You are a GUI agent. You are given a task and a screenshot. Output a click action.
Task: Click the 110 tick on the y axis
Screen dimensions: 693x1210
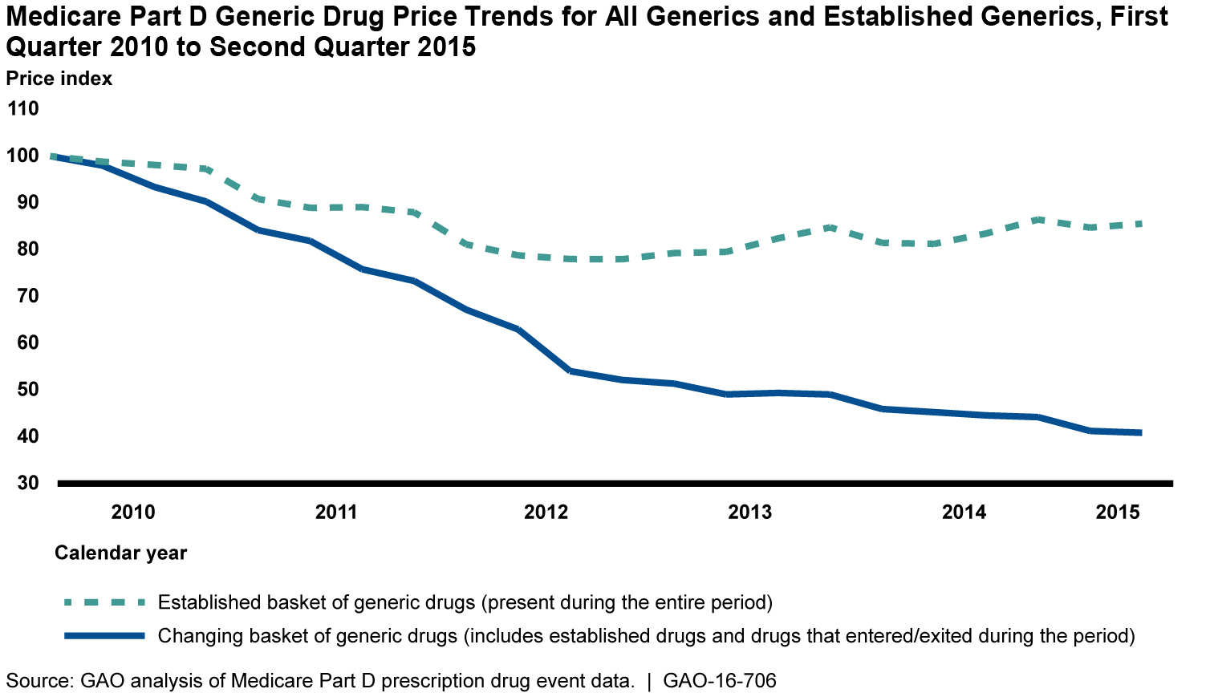pos(23,108)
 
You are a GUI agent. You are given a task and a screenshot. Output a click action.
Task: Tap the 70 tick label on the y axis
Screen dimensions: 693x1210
pos(23,296)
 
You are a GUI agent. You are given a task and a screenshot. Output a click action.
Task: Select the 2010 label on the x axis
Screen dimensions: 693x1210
pos(133,513)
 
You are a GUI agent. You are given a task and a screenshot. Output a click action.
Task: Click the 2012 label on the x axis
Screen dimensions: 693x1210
pos(546,513)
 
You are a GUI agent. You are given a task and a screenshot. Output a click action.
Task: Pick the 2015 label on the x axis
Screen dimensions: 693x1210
pos(1118,513)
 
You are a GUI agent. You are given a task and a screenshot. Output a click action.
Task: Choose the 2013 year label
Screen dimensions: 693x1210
pos(750,513)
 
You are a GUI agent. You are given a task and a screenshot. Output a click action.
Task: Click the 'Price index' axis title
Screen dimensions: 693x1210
pos(59,79)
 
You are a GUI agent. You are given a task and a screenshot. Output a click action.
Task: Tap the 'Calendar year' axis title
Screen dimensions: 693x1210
pos(120,553)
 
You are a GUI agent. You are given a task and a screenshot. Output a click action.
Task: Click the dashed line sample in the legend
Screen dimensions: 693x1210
pos(105,602)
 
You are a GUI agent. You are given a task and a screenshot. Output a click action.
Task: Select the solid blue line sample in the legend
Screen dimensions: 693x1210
pos(105,636)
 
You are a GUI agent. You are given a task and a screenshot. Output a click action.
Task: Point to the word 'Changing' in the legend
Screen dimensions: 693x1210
pos(193,636)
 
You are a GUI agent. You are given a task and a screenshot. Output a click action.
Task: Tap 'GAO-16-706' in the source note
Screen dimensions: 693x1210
pos(720,681)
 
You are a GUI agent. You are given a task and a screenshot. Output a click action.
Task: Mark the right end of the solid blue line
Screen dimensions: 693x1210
pos(1140,433)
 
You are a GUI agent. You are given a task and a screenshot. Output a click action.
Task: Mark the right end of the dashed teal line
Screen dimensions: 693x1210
pos(1140,224)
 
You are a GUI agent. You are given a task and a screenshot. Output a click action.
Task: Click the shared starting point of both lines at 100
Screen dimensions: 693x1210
pos(52,156)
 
